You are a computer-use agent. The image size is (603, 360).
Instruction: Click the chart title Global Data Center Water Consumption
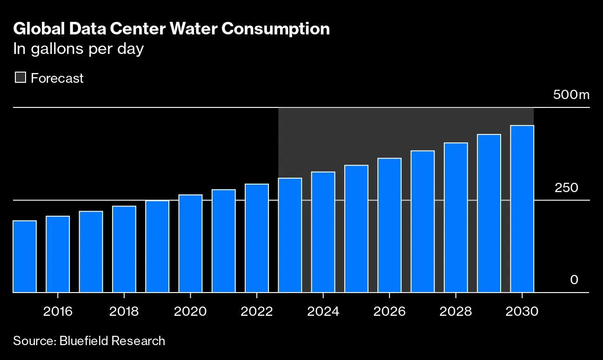[x=171, y=29]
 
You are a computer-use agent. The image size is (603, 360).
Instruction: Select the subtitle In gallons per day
[x=78, y=49]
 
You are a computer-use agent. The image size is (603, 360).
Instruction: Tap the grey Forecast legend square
[x=20, y=78]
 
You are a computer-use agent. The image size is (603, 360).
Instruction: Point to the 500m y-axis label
[x=571, y=95]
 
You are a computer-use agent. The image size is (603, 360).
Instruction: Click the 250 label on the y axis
[x=566, y=188]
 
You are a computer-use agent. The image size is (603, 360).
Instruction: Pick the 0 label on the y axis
[x=574, y=280]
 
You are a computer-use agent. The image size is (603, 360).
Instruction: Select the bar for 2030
[x=522, y=209]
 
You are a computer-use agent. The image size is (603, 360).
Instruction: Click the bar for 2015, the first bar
[x=25, y=256]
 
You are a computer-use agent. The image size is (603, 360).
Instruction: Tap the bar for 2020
[x=190, y=243]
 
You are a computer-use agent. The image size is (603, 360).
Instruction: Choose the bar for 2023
[x=290, y=235]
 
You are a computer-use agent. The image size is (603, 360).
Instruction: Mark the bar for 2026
[x=389, y=225]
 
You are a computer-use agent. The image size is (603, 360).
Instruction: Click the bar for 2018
[x=124, y=249]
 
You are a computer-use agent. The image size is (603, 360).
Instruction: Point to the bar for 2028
[x=456, y=217]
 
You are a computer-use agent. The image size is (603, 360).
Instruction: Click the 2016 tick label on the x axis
[x=58, y=311]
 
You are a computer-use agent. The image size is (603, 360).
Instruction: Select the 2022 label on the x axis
[x=257, y=311]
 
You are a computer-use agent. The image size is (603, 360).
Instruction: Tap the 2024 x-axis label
[x=323, y=311]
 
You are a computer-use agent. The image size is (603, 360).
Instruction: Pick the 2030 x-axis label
[x=522, y=311]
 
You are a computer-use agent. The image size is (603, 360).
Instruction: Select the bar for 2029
[x=489, y=213]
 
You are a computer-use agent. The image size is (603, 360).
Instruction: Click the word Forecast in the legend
[x=57, y=78]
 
